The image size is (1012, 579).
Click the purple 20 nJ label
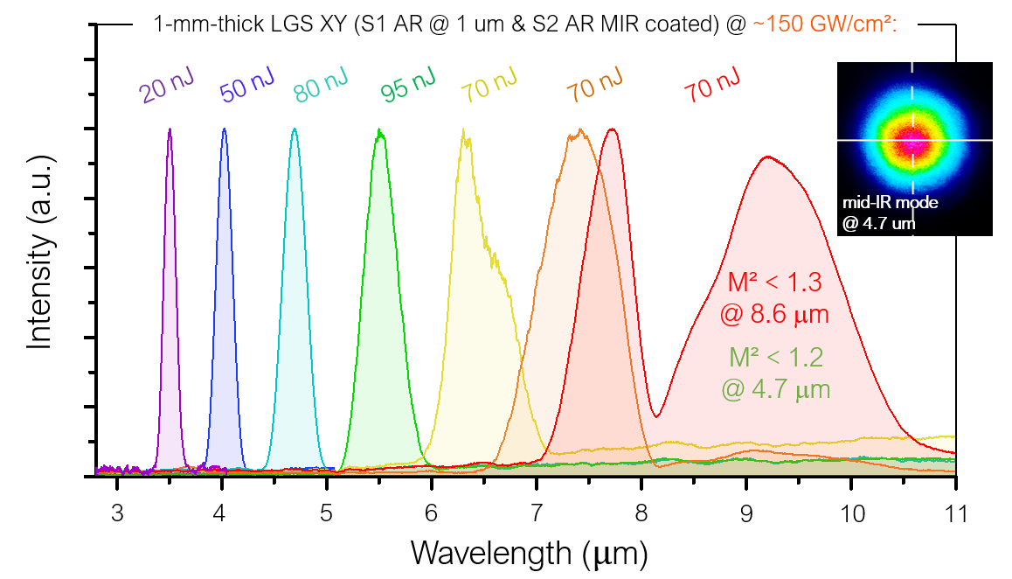click(x=165, y=89)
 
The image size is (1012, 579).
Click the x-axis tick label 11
click(x=955, y=513)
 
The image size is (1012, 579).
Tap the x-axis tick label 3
click(x=116, y=513)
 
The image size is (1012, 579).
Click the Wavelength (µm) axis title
click(x=529, y=553)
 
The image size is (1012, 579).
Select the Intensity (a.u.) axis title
click(x=39, y=254)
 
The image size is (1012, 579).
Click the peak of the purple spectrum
click(x=170, y=129)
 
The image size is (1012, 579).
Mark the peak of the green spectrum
click(x=379, y=131)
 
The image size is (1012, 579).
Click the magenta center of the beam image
click(x=914, y=141)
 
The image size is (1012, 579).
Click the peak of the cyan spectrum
click(x=295, y=129)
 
